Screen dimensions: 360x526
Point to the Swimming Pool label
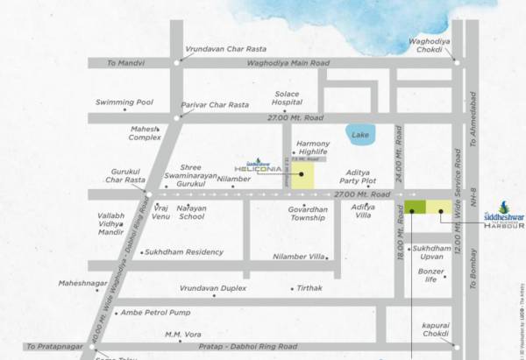tap(124, 102)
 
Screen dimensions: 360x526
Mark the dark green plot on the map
tap(415, 208)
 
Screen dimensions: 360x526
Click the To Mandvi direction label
tap(124, 63)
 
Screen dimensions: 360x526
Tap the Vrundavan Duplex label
tap(213, 287)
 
